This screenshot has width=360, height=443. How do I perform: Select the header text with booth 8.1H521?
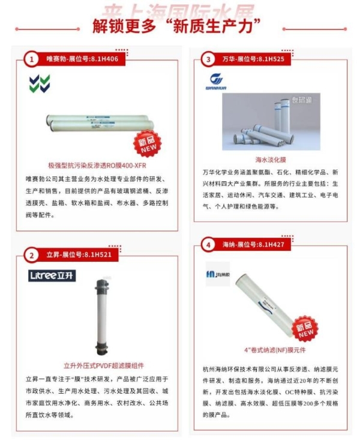click(x=79, y=255)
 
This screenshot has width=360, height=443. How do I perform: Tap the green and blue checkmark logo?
click(x=40, y=83)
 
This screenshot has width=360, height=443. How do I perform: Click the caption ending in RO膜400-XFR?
click(x=97, y=165)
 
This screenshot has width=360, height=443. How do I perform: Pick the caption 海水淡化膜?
click(x=271, y=160)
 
